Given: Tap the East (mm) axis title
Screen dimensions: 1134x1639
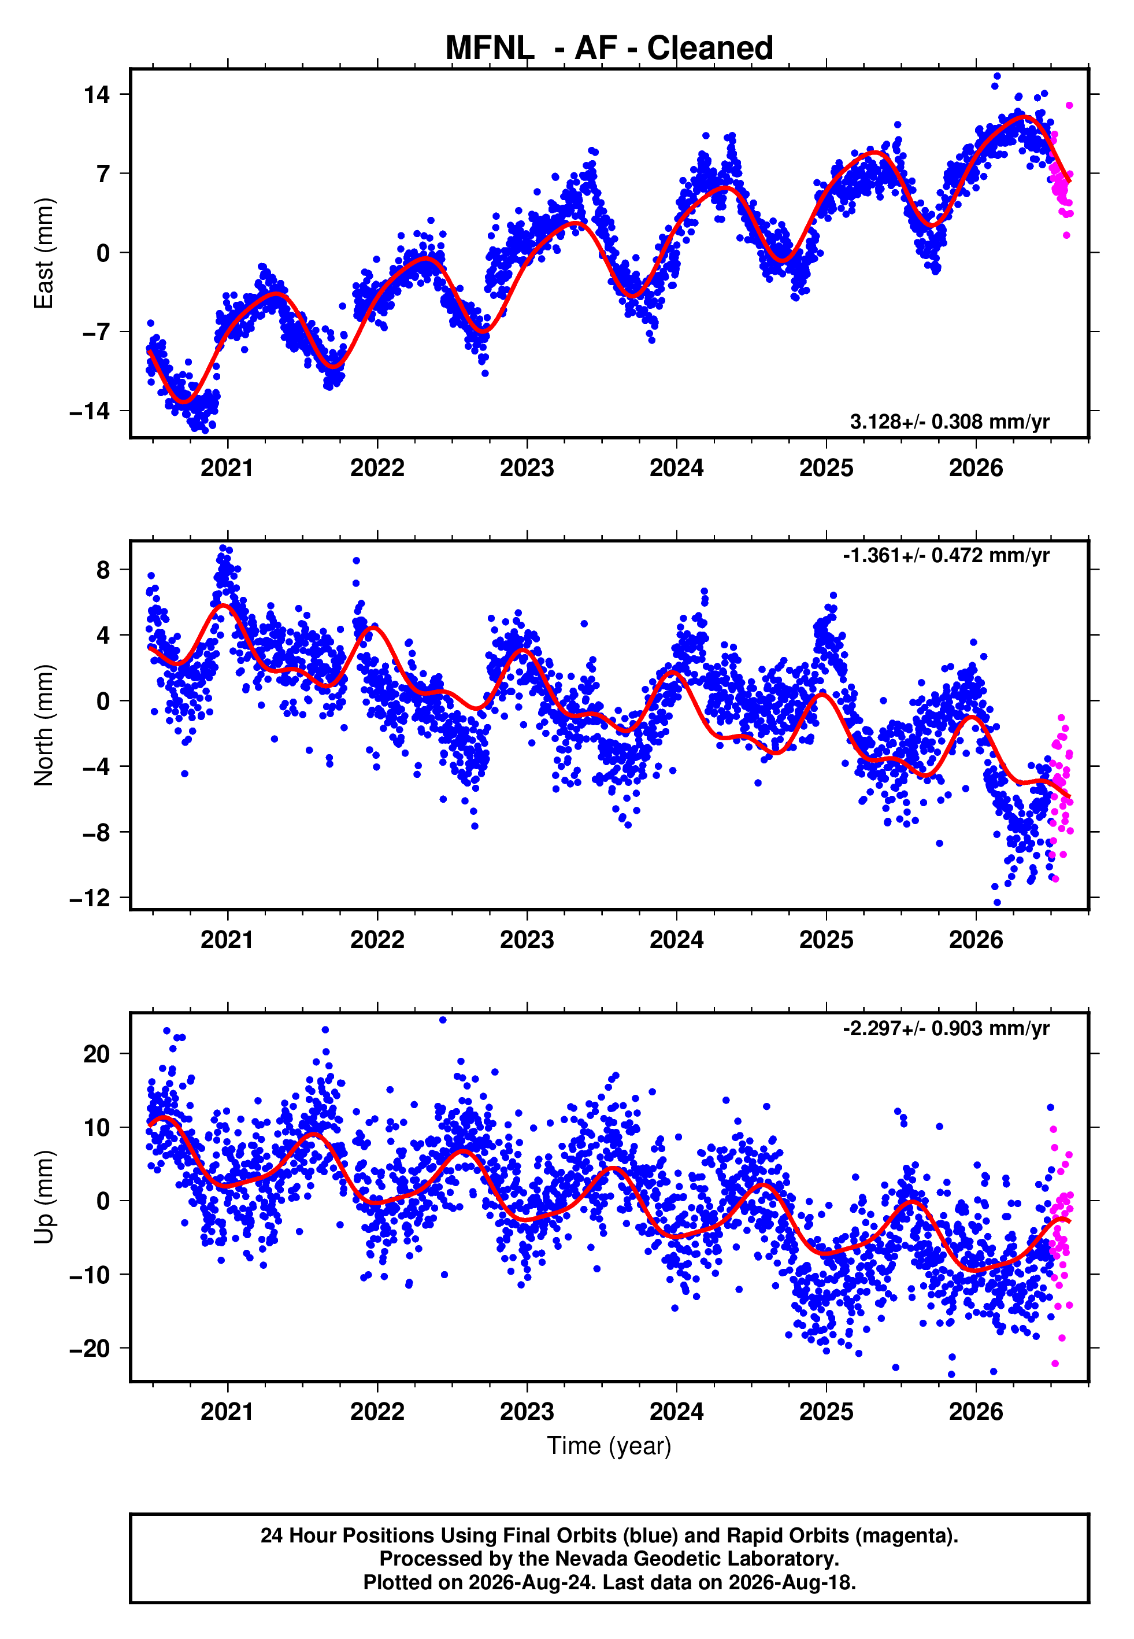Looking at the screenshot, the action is (x=44, y=253).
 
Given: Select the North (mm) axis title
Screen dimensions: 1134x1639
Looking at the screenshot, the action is (x=44, y=725).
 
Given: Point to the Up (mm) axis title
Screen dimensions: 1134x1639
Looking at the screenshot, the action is (x=44, y=1197).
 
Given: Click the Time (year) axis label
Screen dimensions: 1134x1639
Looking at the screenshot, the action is (x=609, y=1446).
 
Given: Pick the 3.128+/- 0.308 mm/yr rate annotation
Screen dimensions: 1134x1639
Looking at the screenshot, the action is (x=950, y=422).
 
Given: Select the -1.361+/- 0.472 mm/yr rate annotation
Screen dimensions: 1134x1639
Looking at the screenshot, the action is (x=946, y=555).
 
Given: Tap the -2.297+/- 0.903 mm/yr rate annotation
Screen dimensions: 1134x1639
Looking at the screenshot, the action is (x=946, y=1028).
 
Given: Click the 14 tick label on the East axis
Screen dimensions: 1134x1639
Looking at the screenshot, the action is (x=97, y=94).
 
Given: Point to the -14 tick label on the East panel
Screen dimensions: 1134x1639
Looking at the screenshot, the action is (x=90, y=411).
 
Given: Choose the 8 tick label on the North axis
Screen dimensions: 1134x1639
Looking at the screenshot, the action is (x=103, y=569).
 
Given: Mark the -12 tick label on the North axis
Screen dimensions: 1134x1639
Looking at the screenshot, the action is (x=90, y=898).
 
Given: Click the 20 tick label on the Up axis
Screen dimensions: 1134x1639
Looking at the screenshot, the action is (x=97, y=1053).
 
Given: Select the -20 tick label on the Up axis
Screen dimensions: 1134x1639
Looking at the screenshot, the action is (x=90, y=1348).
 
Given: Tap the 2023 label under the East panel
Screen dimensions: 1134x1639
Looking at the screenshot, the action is (x=527, y=468).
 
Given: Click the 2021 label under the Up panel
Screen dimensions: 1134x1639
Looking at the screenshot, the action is (x=227, y=1412).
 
